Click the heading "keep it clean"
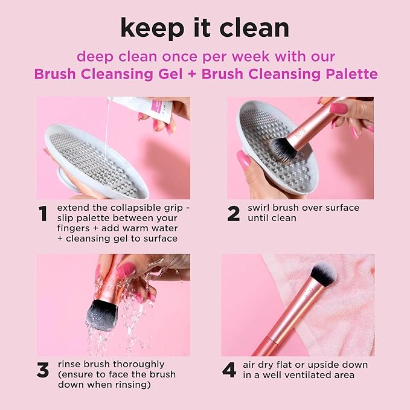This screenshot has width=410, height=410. [205, 28]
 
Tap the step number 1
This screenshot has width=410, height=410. [43, 214]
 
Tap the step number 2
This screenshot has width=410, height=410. [233, 214]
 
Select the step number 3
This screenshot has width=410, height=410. [43, 370]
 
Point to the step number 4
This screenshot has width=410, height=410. [229, 370]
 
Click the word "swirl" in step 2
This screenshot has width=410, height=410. [261, 208]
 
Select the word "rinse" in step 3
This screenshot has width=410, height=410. [71, 364]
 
